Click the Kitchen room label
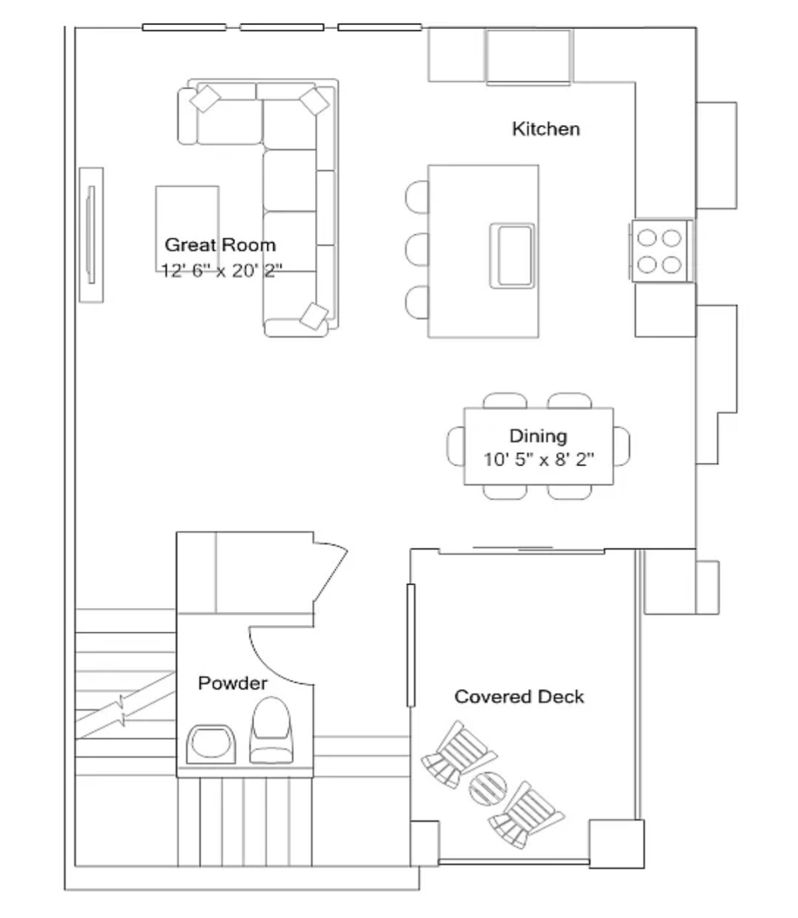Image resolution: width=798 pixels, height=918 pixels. pos(545,128)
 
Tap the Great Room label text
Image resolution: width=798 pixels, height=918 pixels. pos(220,245)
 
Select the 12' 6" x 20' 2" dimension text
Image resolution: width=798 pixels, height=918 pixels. pos(222,270)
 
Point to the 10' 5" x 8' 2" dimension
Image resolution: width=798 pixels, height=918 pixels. pos(538,459)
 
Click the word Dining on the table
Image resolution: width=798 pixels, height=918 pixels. pos(538,436)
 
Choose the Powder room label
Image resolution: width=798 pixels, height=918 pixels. pos(232,683)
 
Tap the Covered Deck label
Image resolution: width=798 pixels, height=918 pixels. pos(519,696)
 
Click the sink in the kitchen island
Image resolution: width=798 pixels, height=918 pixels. pos(511,255)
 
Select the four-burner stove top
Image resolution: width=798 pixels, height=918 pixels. pos(659,251)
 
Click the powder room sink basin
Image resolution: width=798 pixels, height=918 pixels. pos(211,743)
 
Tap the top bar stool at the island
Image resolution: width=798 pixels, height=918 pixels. pos(417,197)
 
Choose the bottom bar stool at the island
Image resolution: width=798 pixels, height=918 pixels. pos(417,302)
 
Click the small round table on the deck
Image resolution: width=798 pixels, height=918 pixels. pos(488,786)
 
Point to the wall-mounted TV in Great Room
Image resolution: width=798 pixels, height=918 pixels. pos(91,235)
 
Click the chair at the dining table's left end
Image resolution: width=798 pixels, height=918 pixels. pos(456,446)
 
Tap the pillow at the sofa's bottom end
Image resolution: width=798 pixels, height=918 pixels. pos(314,315)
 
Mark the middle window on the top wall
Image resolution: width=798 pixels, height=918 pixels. pos(282,27)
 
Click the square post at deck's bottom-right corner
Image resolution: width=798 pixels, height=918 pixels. pos(616,843)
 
